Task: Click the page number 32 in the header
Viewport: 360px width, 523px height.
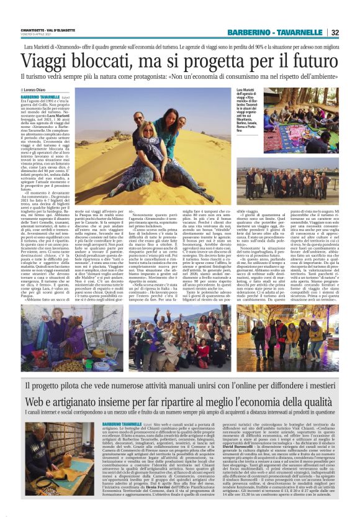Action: click(352, 32)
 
